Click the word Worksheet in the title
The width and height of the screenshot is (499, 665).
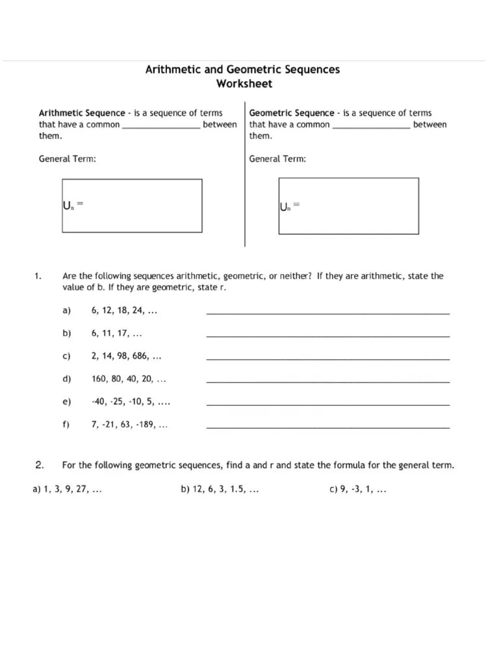point(244,83)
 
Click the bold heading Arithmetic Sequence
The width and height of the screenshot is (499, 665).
point(82,113)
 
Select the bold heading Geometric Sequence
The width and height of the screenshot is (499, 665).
point(292,113)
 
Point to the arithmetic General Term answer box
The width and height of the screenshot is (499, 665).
point(132,205)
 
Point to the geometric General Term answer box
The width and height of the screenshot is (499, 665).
point(349,205)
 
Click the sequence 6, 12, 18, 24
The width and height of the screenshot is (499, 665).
point(125,311)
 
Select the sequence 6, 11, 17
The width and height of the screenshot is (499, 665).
point(117,334)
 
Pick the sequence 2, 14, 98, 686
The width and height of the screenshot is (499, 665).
point(127,357)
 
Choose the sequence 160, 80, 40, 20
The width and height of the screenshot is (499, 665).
point(129,379)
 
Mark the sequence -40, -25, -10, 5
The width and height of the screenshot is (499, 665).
point(131,403)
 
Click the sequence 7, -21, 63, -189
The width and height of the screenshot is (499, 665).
point(130,425)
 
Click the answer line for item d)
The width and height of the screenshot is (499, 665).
point(327,381)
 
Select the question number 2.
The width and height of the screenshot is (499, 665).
point(40,465)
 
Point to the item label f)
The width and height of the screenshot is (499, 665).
point(66,425)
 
